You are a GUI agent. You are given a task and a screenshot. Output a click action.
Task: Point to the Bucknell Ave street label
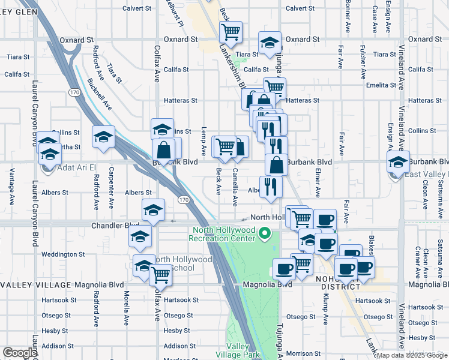pyautogui.click(x=100, y=94)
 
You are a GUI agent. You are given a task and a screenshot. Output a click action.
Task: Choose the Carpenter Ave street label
pyautogui.click(x=112, y=188)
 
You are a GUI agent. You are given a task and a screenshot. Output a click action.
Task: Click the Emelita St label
pyautogui.click(x=381, y=85)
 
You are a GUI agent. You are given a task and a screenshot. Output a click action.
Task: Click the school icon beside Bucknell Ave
pyautogui.click(x=103, y=137)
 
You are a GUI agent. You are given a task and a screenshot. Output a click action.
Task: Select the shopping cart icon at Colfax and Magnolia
pyautogui.click(x=160, y=274)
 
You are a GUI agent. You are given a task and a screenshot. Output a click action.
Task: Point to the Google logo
pyautogui.click(x=19, y=353)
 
